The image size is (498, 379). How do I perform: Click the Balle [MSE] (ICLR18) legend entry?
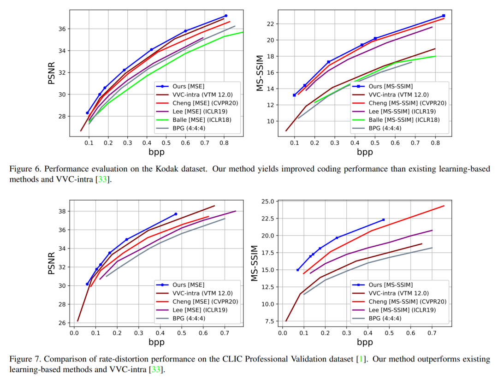click(x=201, y=120)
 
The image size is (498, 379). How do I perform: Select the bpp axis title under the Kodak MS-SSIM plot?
click(x=365, y=152)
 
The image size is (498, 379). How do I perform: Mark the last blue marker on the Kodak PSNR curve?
click(x=225, y=16)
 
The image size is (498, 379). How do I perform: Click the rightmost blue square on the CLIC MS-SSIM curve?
click(x=383, y=219)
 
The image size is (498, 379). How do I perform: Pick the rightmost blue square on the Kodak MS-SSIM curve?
click(x=444, y=16)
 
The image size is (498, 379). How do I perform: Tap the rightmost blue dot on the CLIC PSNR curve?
click(x=176, y=214)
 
